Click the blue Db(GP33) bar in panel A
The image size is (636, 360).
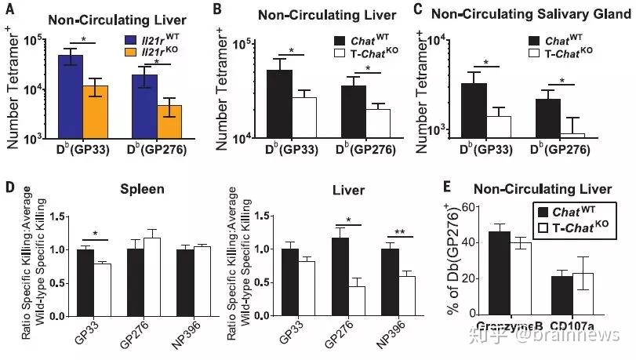pyautogui.click(x=70, y=97)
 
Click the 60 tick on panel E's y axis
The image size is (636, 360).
pyautogui.click(x=467, y=206)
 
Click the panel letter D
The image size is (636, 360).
pyautogui.click(x=9, y=188)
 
